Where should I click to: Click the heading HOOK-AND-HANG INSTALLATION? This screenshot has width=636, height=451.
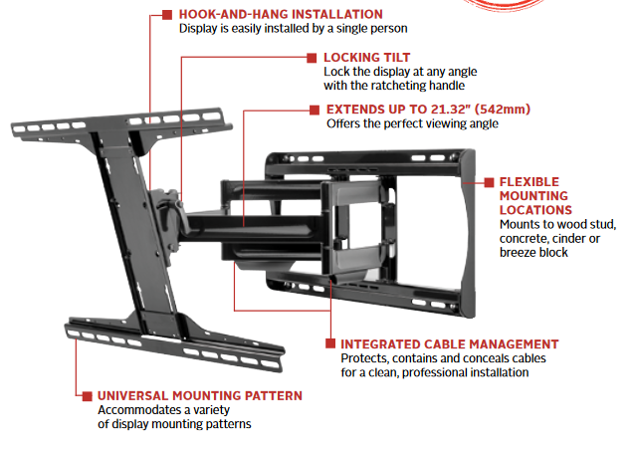pos(281,14)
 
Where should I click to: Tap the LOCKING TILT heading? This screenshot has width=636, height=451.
pos(366,58)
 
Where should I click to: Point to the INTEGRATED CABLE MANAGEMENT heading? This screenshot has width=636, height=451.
pos(450,343)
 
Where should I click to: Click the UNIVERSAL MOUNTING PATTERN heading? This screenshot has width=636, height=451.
pos(200,395)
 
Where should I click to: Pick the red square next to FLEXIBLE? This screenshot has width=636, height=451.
pos(489,182)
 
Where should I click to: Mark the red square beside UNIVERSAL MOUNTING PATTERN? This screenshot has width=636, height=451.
pos(87,395)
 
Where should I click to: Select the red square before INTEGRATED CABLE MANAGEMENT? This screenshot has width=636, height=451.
pos(329,343)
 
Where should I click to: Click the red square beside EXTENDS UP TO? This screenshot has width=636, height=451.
pos(316,110)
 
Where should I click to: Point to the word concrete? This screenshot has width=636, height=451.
pos(521,239)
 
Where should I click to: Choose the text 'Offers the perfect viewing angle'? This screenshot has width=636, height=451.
pos(412,124)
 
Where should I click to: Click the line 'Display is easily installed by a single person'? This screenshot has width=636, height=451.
pos(294,29)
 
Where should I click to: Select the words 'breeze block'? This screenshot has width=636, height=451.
pos(533,253)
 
